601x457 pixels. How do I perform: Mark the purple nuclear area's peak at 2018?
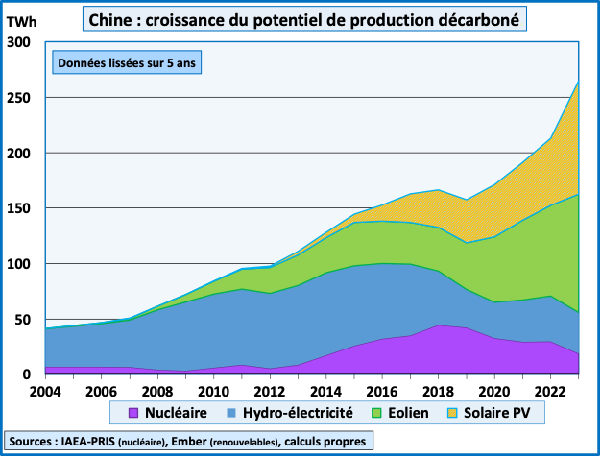(440, 325)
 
